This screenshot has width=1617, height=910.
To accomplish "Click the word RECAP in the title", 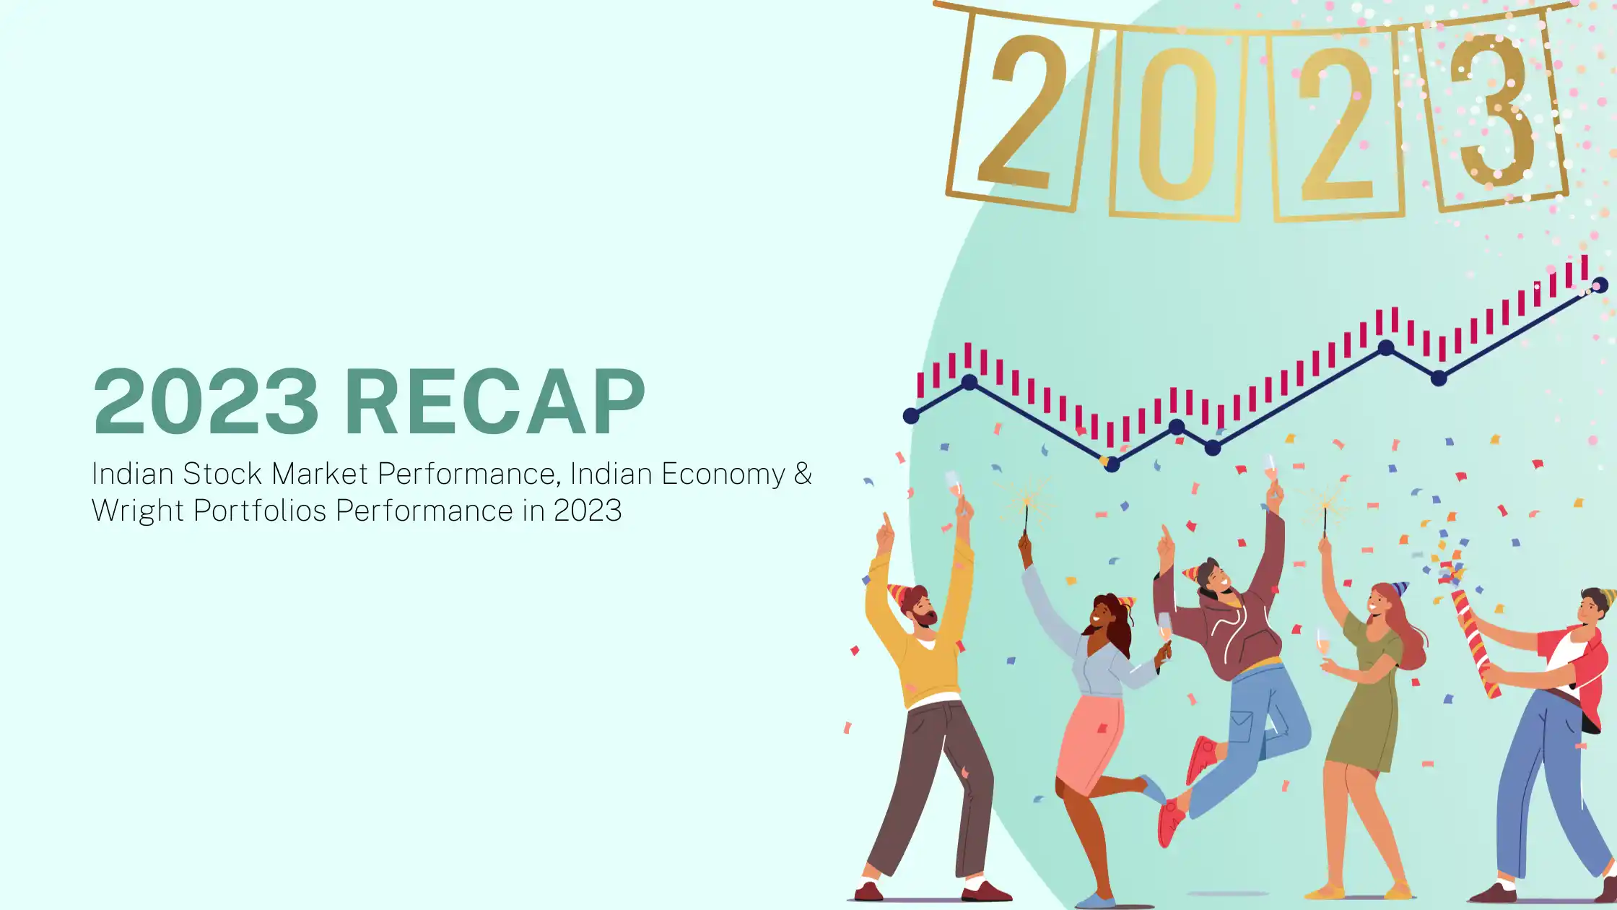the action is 495,402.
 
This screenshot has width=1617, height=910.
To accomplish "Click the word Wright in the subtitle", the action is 139,511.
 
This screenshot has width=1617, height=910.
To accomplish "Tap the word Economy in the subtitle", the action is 723,474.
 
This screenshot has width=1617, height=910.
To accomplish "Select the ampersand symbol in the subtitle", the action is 803,473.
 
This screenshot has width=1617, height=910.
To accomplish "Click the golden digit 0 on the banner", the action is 1177,123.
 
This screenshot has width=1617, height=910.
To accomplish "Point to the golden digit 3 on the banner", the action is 1491,110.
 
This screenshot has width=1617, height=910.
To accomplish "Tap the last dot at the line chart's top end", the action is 1600,285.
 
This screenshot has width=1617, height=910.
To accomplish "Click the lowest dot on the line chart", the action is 1112,464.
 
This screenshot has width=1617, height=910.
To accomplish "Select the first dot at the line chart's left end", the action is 911,416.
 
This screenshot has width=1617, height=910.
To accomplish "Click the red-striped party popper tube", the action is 1476,643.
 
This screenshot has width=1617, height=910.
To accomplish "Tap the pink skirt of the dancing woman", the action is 1089,744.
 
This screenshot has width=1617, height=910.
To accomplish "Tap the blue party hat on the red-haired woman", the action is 1399,589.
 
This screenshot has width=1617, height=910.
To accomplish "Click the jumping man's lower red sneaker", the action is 1170,823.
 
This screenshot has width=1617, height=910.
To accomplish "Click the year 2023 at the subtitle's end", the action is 588,511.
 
